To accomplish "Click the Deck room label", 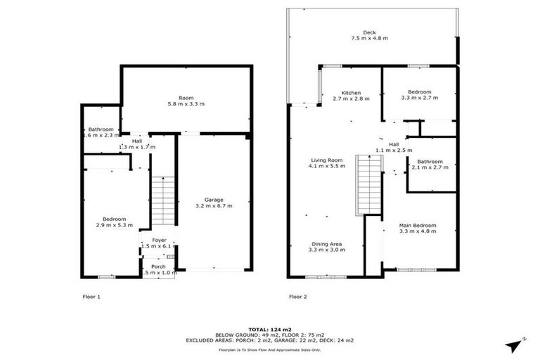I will point(369,32).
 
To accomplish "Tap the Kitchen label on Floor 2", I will point(351,93).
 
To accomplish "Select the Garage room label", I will point(214,199).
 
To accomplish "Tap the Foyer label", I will point(158,240).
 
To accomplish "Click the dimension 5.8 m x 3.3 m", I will point(186,104).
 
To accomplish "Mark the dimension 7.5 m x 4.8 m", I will point(369,39).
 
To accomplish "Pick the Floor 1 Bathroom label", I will point(101,129).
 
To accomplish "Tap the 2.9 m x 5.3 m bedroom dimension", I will point(115,225).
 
